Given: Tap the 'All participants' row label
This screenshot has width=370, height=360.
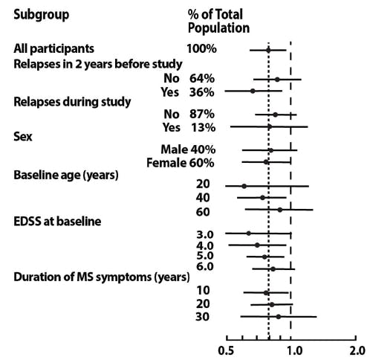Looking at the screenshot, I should point(53,49).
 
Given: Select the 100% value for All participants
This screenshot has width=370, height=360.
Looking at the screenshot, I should point(201,49).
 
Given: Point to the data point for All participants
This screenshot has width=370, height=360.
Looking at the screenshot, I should point(268,50).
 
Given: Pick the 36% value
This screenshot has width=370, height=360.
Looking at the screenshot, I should point(203,92).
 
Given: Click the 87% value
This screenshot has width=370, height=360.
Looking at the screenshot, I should point(203,115).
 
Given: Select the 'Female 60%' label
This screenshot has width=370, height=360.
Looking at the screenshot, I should point(181,163).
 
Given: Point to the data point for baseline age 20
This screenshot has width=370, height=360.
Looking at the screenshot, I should point(244,186).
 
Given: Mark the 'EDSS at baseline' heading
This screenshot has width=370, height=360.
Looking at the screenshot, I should point(57,221).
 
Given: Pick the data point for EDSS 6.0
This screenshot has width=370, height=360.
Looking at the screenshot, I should point(273,269).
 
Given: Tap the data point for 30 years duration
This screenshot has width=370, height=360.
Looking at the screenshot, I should point(278,317).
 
